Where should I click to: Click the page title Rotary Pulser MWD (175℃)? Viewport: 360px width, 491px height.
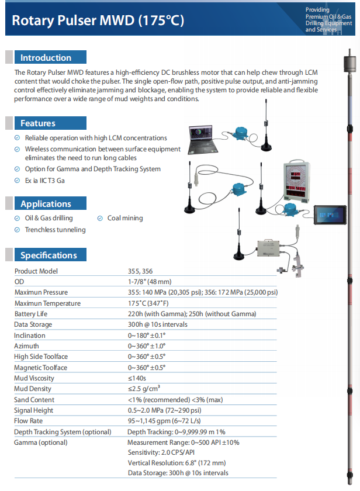98,21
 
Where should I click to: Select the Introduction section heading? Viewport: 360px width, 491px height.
46,58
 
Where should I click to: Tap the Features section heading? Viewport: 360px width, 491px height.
37,123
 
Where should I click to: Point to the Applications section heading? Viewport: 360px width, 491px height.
46,204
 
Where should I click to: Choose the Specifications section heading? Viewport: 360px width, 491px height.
49,255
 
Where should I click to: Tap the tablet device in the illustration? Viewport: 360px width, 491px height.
328,215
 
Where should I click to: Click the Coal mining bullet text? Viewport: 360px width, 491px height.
124,218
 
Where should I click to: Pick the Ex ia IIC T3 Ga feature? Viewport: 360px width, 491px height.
44,181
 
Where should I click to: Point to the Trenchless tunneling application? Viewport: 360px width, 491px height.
55,230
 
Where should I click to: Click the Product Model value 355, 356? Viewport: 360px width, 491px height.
140,271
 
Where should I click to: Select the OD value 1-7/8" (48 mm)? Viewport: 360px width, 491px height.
150,282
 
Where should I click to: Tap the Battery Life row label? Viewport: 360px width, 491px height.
31,314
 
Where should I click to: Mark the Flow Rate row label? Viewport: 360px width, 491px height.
29,421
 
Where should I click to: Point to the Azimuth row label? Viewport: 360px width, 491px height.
27,346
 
